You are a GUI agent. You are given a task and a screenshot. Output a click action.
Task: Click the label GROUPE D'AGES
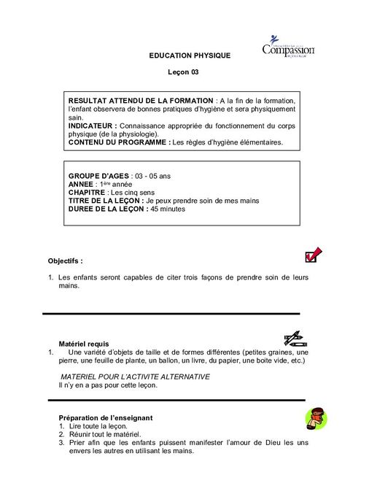[x=98, y=177]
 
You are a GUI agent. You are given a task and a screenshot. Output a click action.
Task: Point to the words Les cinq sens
[x=141, y=193]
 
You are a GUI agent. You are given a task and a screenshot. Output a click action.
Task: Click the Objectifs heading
[x=65, y=260]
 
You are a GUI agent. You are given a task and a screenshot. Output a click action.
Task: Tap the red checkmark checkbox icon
[x=312, y=255]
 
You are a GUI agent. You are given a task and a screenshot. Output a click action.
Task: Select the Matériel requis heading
[x=83, y=343]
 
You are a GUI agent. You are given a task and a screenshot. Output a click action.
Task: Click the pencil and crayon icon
[x=295, y=338]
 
